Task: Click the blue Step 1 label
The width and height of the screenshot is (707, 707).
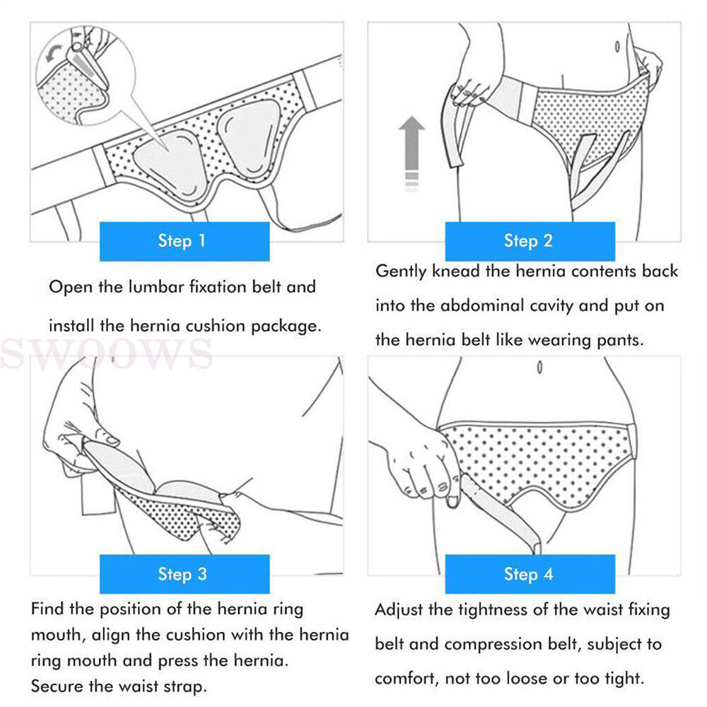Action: tap(185, 241)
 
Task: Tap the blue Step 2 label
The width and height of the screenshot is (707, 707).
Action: tap(530, 241)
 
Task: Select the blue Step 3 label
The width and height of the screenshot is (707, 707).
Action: tap(185, 574)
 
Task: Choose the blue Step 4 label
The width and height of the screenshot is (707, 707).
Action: tap(530, 574)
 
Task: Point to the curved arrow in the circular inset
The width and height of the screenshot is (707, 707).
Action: tap(51, 52)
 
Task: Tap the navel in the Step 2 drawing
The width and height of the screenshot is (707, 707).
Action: tap(617, 47)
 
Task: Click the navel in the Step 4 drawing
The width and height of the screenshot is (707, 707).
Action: tap(539, 368)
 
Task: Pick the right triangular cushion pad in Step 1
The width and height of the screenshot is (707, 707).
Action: tap(250, 135)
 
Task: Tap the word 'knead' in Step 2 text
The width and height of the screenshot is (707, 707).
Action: tap(455, 271)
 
